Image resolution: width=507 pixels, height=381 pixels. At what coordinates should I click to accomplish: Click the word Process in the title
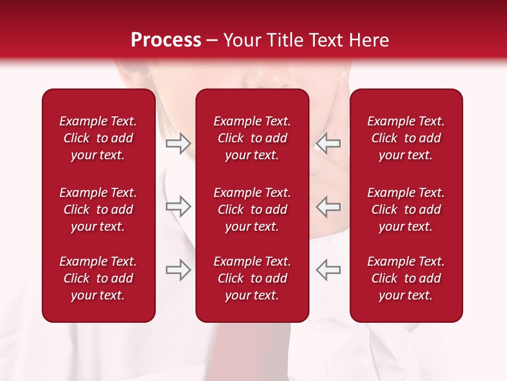pos(166,40)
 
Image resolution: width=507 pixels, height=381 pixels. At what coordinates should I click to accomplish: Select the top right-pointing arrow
pos(179,143)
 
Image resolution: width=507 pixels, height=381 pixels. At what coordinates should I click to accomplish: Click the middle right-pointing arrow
pos(179,206)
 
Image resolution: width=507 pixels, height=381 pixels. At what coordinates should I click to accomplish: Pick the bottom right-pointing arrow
pos(179,270)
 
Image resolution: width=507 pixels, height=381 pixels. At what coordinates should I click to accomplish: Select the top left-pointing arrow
pos(328,143)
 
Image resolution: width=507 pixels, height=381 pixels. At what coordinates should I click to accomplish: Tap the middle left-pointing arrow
pos(328,206)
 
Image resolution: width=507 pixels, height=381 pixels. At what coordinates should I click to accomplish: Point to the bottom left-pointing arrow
pos(328,270)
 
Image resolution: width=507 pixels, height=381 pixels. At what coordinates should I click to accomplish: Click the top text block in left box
pos(98,138)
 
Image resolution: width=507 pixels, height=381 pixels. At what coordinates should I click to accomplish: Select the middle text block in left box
pos(98,210)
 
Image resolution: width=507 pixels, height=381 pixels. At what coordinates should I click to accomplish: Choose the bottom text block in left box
pos(98,278)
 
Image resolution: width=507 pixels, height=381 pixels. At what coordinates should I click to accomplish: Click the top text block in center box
pos(252,138)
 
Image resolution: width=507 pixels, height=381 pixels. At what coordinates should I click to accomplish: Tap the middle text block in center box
pos(252,210)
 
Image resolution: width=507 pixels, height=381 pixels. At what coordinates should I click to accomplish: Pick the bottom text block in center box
pos(252,278)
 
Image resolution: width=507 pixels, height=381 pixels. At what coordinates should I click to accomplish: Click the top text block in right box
pos(406,138)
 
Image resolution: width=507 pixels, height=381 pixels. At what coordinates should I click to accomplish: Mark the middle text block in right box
pos(406,210)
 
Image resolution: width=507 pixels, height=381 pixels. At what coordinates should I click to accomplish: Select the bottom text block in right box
pos(406,278)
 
